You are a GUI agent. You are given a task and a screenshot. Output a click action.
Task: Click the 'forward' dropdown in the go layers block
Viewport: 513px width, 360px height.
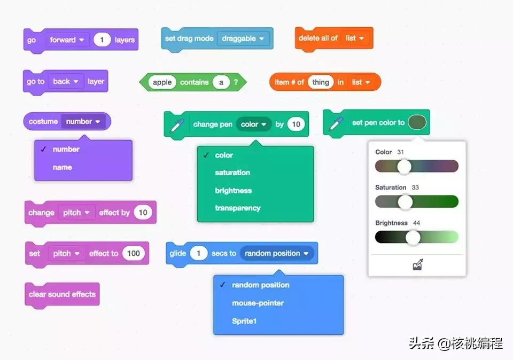(x=67, y=40)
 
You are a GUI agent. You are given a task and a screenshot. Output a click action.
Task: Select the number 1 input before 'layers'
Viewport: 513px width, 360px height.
(x=102, y=40)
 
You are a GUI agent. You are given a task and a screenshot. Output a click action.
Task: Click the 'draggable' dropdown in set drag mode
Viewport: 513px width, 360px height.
(x=243, y=38)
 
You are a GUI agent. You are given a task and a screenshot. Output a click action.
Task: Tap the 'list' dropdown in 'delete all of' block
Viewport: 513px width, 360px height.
(x=355, y=38)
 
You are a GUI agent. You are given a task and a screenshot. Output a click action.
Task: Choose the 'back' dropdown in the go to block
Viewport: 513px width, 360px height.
(x=66, y=82)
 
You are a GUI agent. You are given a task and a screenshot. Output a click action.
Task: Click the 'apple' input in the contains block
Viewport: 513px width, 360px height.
(x=162, y=82)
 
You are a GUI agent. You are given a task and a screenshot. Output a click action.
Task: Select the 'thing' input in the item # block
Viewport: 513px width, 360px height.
(x=321, y=82)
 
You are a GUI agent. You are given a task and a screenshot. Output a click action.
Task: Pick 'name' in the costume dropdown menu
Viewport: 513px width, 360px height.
(x=62, y=167)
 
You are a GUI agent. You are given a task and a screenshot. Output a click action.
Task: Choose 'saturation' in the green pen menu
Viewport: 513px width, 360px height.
(x=232, y=173)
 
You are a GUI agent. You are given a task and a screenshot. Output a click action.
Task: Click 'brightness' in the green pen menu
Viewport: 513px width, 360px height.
(x=233, y=191)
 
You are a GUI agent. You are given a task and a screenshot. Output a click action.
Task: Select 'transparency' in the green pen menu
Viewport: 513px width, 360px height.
(x=237, y=208)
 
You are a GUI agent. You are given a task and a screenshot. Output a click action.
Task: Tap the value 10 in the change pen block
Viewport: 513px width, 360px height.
(x=296, y=124)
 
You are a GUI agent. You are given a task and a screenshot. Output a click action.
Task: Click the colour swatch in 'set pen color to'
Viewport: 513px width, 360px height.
(x=417, y=123)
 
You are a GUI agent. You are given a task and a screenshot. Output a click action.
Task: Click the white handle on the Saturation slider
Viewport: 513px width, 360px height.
(x=406, y=202)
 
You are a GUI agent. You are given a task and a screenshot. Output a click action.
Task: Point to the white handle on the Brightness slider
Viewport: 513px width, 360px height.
(x=413, y=237)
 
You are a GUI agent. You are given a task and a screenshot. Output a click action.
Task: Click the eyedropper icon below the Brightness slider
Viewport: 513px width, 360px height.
(x=418, y=264)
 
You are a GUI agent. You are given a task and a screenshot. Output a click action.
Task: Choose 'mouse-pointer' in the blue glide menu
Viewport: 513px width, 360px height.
(x=258, y=303)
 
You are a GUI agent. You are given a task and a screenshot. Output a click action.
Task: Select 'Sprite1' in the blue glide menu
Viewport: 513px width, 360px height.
(x=244, y=322)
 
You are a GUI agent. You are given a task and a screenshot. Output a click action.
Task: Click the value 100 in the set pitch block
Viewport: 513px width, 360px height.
(x=133, y=254)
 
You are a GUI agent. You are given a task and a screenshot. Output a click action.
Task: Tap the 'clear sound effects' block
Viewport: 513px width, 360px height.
(x=62, y=294)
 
